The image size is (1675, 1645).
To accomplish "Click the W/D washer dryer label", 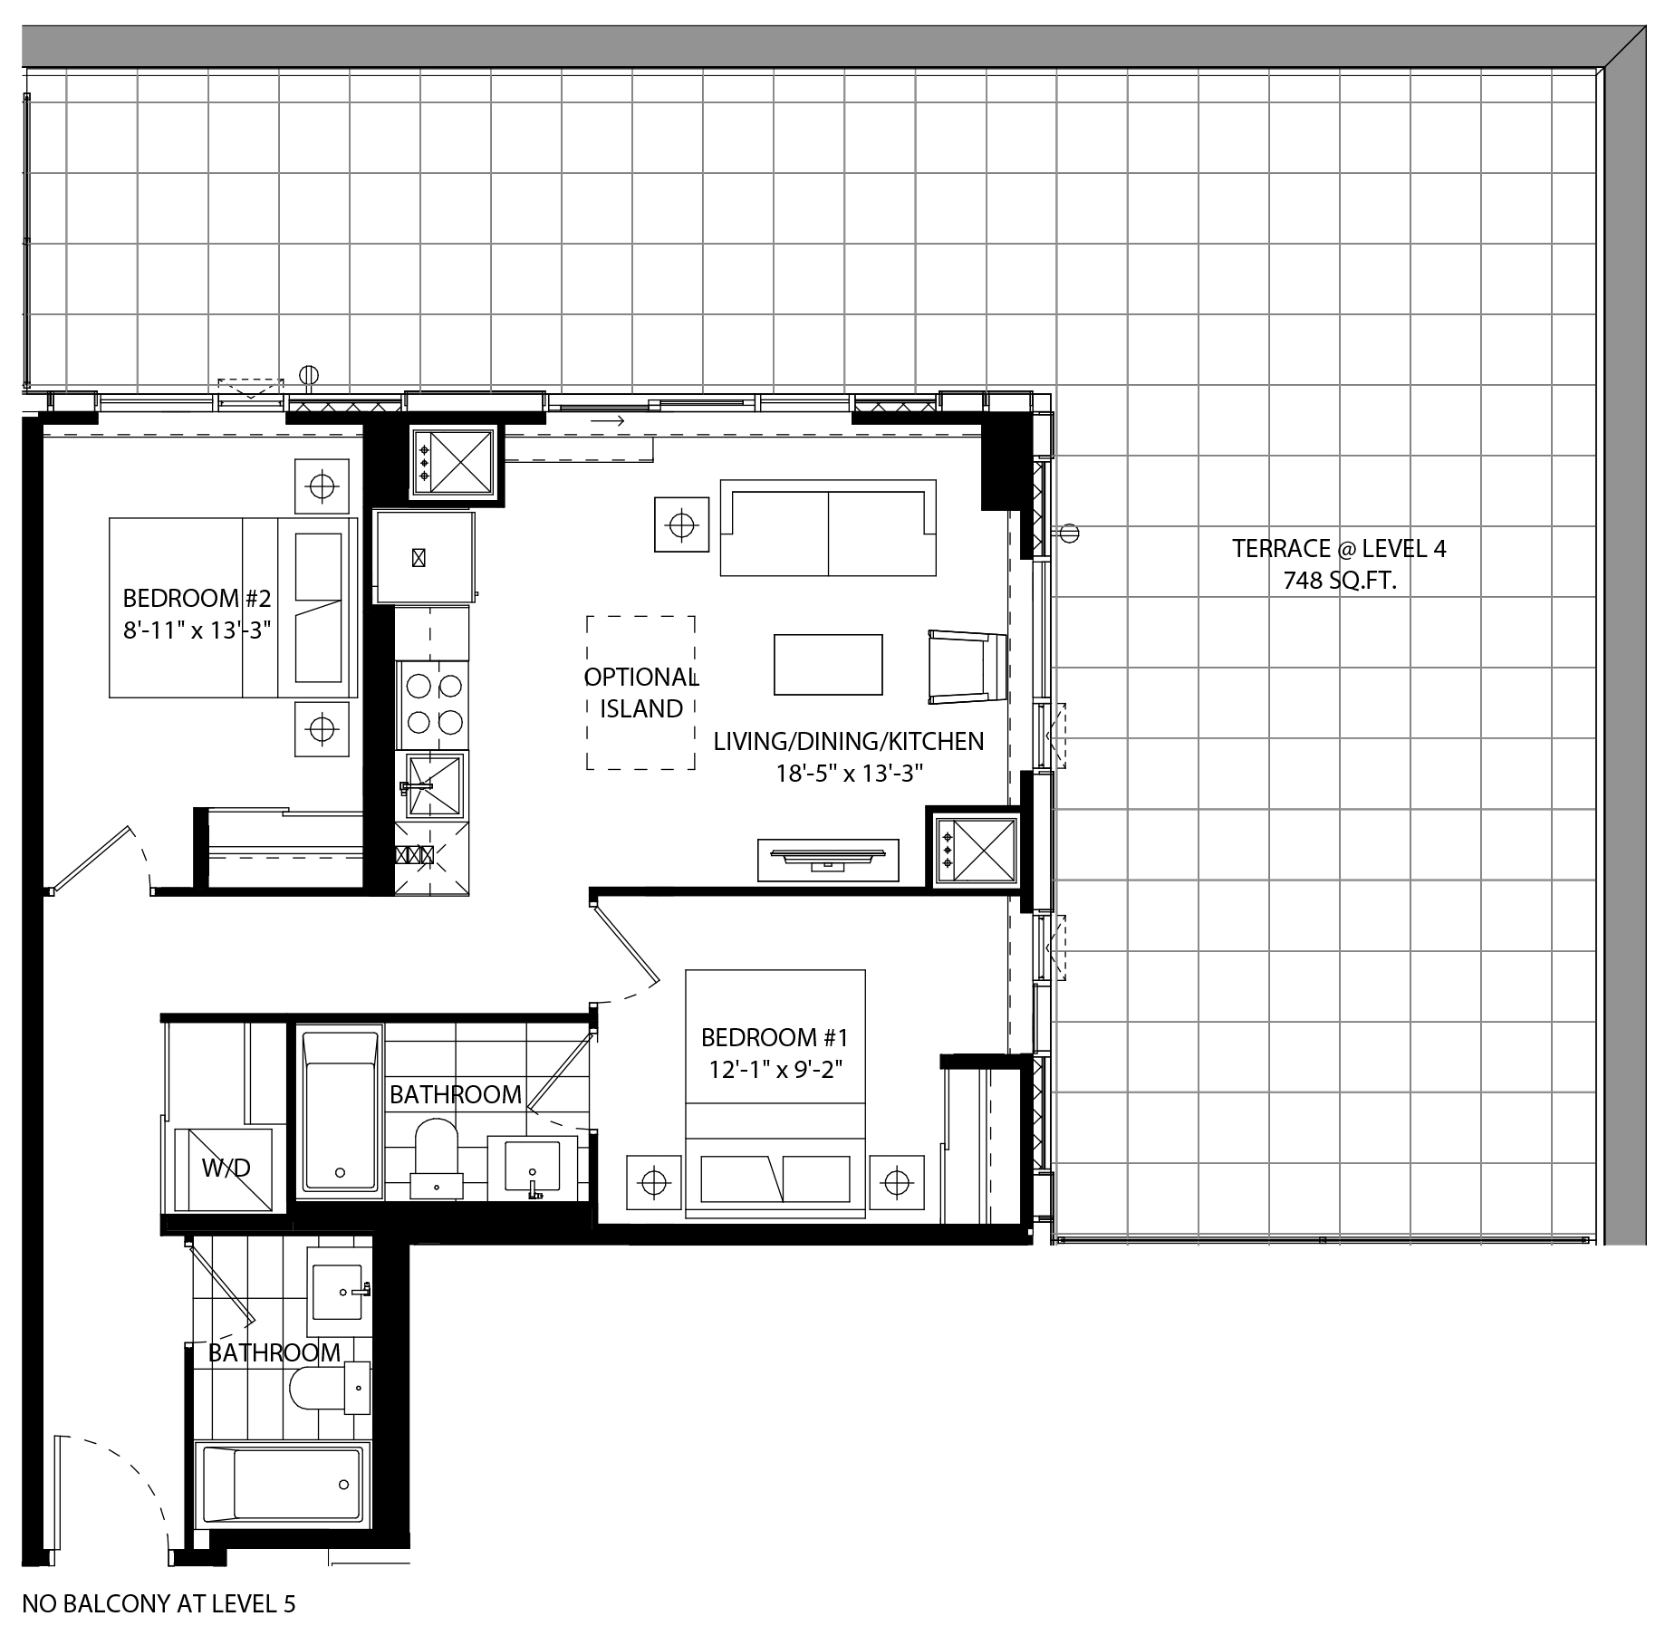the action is pyautogui.click(x=226, y=1169).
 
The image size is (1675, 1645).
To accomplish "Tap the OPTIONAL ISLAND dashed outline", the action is pyautogui.click(x=587, y=693).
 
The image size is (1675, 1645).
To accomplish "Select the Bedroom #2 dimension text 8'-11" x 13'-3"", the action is pyautogui.click(x=197, y=630).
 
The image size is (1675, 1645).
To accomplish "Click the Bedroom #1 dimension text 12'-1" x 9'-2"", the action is pyautogui.click(x=775, y=1069).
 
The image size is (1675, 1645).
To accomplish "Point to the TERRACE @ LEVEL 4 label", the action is pyautogui.click(x=1339, y=548).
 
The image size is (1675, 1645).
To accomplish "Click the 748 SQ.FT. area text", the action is pyautogui.click(x=1339, y=581).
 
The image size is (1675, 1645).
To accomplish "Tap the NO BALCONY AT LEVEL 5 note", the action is pyautogui.click(x=159, y=1604).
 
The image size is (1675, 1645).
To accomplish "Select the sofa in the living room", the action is pyautogui.click(x=828, y=528).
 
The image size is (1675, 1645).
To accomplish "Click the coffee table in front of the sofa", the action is pyautogui.click(x=828, y=664).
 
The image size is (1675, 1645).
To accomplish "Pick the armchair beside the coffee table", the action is pyautogui.click(x=967, y=667).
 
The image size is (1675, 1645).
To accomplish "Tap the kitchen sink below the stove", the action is pyautogui.click(x=432, y=784).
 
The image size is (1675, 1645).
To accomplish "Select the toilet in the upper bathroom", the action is pyautogui.click(x=437, y=1157).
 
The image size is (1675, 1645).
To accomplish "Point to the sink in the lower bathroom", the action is pyautogui.click(x=339, y=1291).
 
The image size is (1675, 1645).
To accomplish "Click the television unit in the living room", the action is pyautogui.click(x=828, y=860).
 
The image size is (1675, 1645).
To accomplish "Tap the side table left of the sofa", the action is pyautogui.click(x=681, y=524).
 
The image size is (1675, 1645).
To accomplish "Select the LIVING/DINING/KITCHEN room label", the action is pyautogui.click(x=849, y=741).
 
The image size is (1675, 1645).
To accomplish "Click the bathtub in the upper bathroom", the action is pyautogui.click(x=340, y=1112).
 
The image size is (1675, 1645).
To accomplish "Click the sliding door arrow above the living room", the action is pyautogui.click(x=607, y=421).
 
